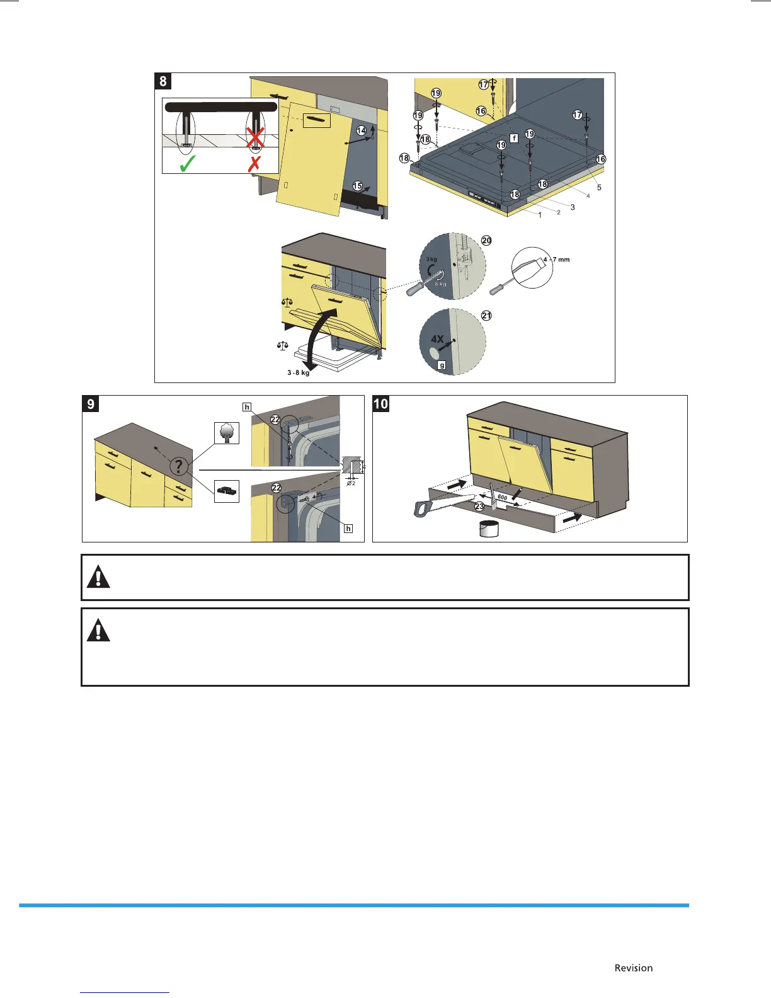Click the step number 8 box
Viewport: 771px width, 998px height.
tap(163, 81)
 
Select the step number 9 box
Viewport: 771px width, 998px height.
tap(91, 403)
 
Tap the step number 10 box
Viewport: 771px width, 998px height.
tap(381, 403)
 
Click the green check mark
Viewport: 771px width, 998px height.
tap(188, 164)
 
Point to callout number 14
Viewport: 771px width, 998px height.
tap(362, 130)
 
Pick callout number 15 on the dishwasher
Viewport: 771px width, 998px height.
tap(358, 186)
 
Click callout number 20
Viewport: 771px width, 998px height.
tap(486, 241)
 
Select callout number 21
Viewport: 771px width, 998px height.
tap(486, 316)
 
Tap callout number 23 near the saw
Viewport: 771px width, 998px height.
tap(479, 506)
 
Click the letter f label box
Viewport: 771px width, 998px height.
tap(514, 138)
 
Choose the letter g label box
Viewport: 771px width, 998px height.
tap(442, 365)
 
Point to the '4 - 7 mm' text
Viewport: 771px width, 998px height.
tap(556, 260)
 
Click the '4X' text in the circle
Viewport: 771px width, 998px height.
tap(437, 339)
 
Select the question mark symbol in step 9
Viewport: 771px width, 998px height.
tap(180, 466)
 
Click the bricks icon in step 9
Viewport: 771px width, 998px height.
tap(227, 490)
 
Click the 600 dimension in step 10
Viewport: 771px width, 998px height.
tap(502, 498)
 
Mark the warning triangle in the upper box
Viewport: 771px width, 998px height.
tap(98, 577)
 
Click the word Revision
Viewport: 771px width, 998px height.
tap(634, 968)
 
